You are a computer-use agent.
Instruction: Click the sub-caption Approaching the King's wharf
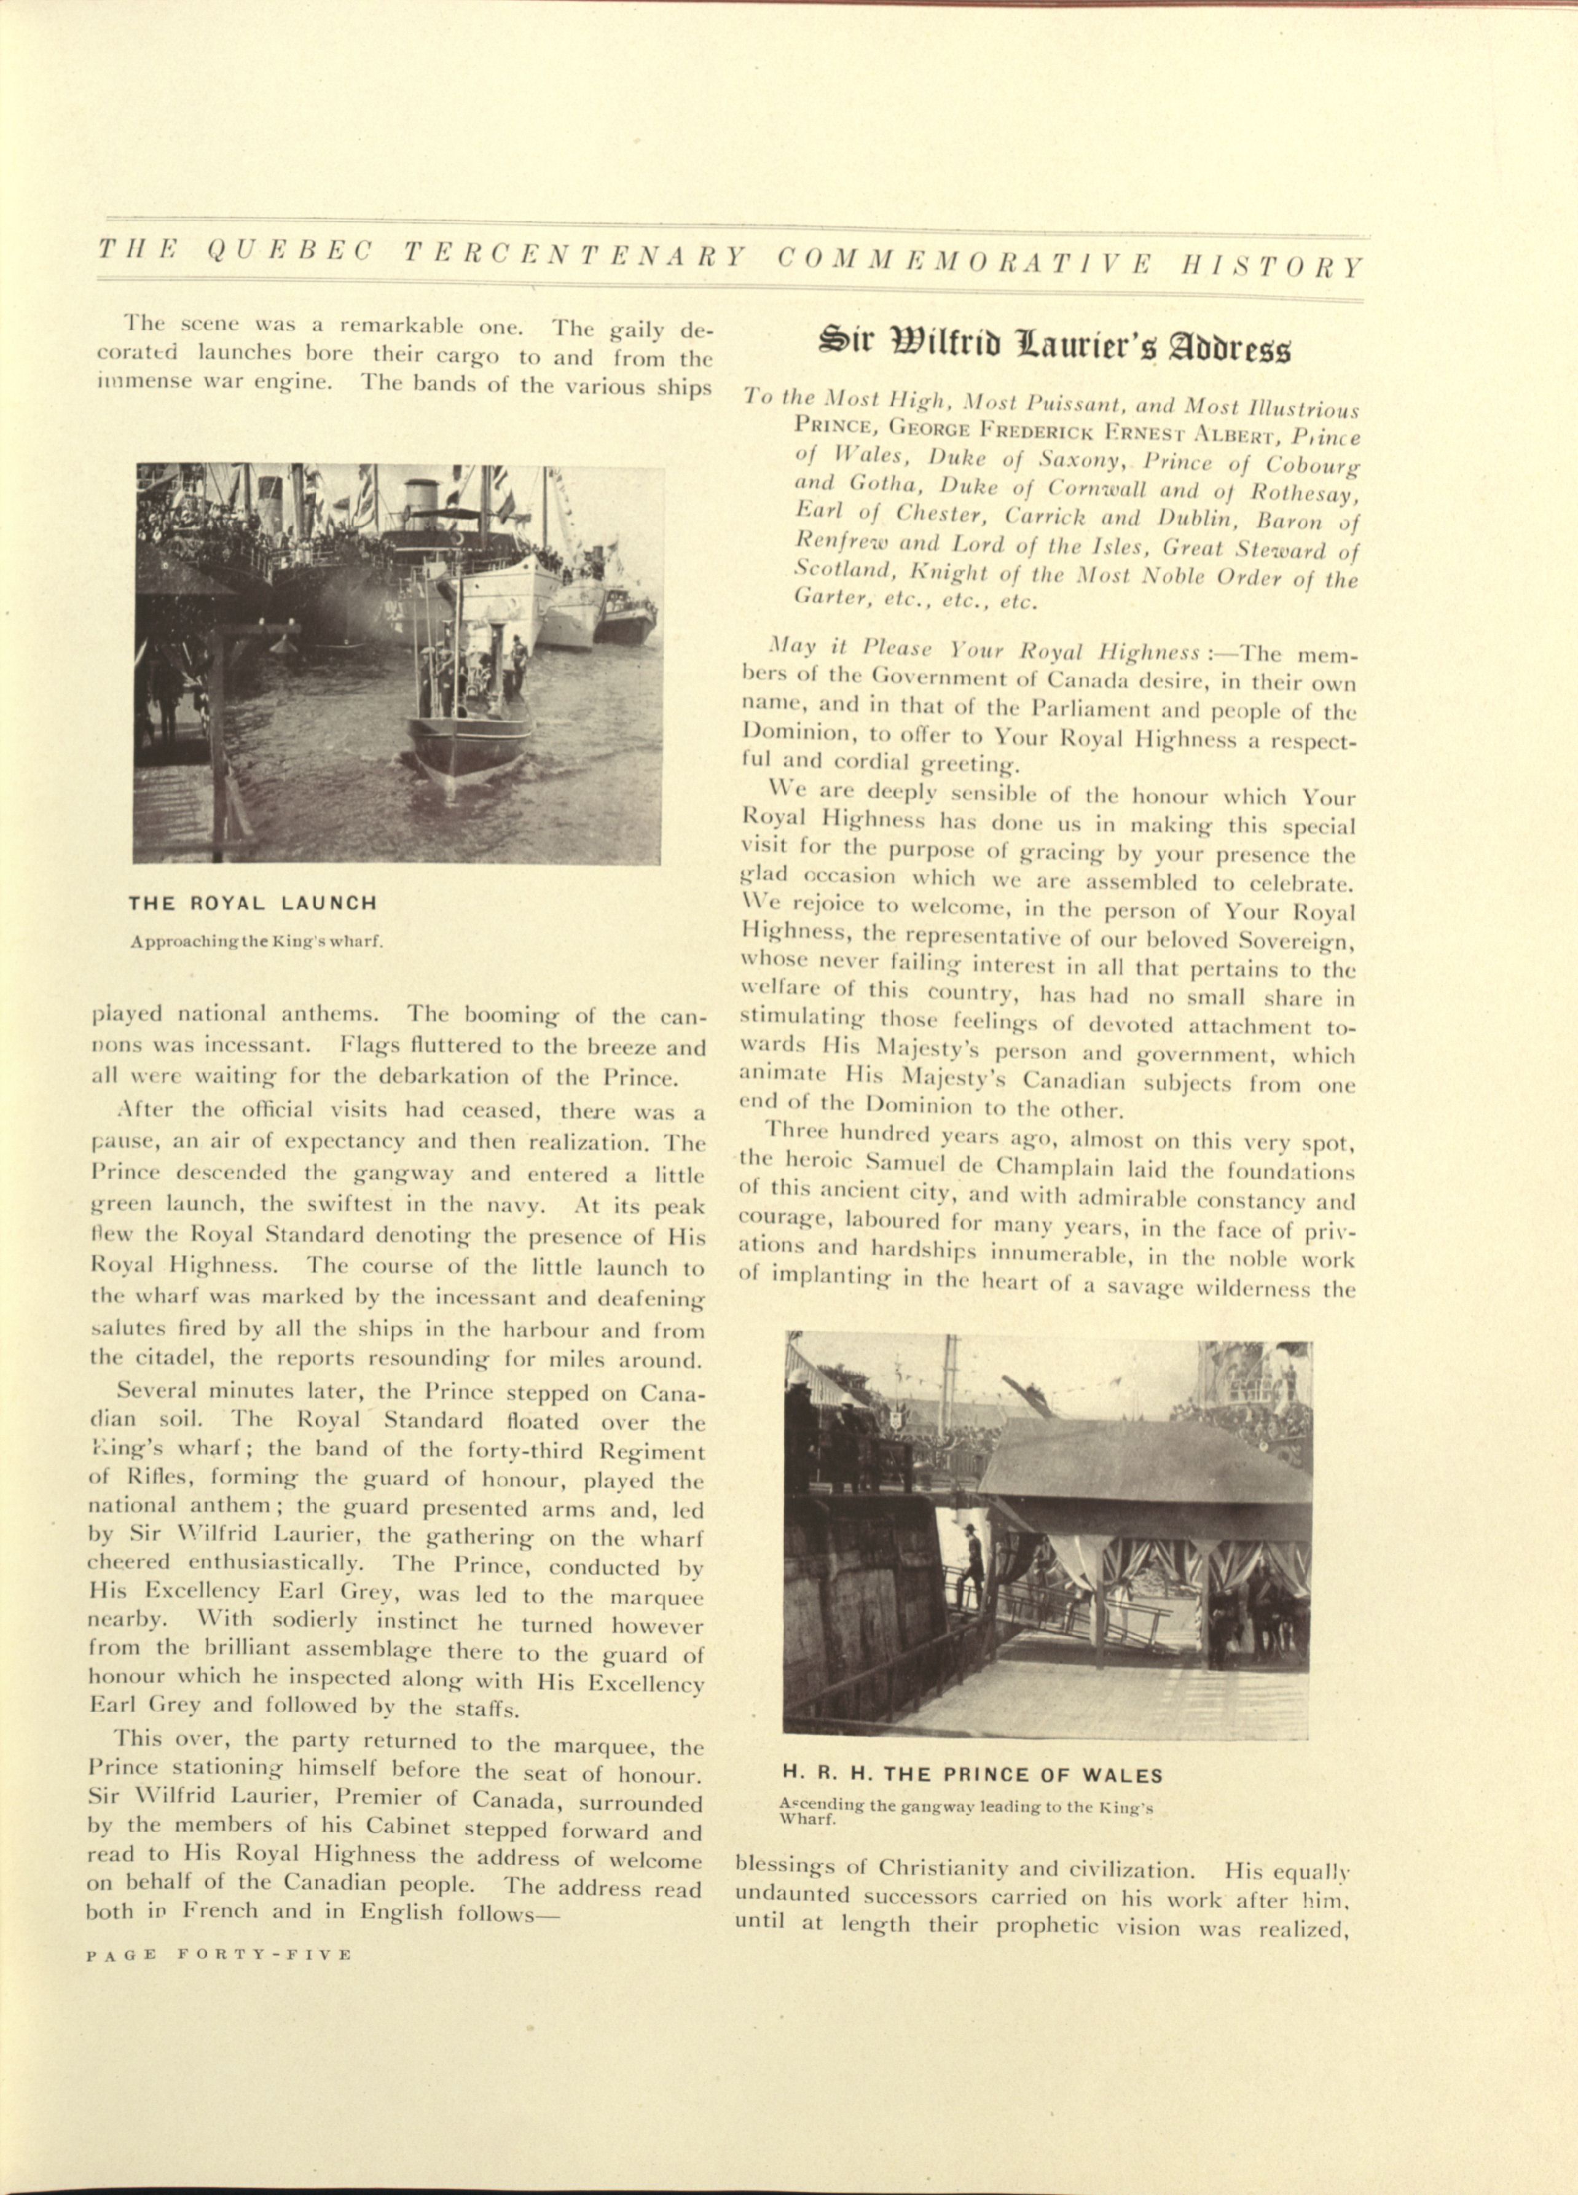257,939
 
